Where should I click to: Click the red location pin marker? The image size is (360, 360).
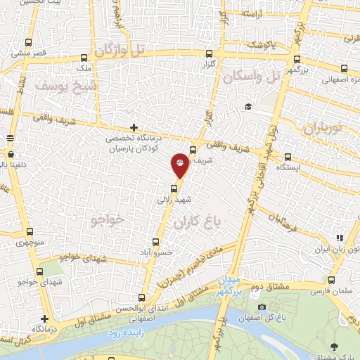pyautogui.click(x=180, y=165)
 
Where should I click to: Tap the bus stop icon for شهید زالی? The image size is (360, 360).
pyautogui.click(x=174, y=187)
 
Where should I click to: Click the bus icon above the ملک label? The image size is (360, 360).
pyautogui.click(x=84, y=58)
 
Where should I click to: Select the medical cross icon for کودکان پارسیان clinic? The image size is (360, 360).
pyautogui.click(x=134, y=127)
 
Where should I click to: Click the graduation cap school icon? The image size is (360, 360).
pyautogui.click(x=247, y=106)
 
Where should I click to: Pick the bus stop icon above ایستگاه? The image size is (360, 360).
pyautogui.click(x=289, y=156)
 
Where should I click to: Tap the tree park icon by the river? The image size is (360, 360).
pyautogui.click(x=333, y=346)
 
